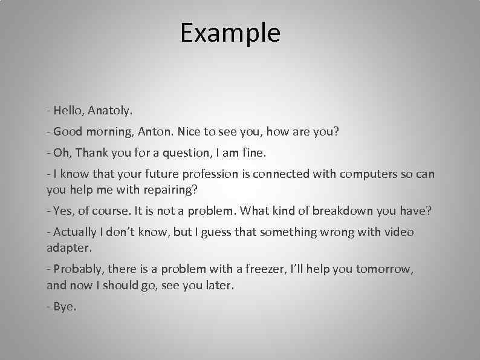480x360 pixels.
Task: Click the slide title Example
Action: coord(230,33)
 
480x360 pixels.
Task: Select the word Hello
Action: coord(68,111)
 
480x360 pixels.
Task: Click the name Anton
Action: coord(154,131)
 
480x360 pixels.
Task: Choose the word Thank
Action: coord(89,152)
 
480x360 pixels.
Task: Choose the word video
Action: coord(398,232)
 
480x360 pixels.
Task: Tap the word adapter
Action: coord(70,247)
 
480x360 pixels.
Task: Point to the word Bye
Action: coord(65,306)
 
